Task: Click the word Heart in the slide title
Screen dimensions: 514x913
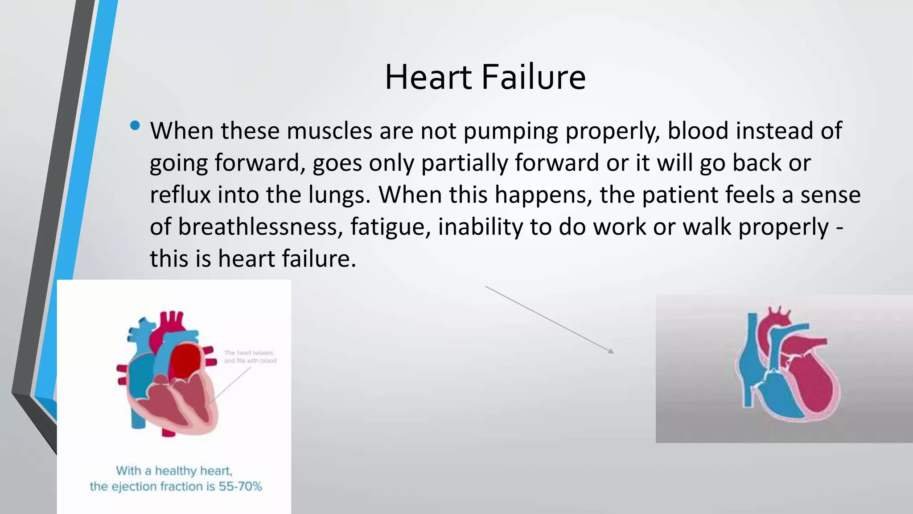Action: click(x=428, y=77)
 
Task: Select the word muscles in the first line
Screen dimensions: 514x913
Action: click(x=329, y=131)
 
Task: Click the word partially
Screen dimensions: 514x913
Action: click(x=464, y=163)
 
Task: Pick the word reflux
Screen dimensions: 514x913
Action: click(x=180, y=195)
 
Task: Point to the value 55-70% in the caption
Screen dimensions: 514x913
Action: click(x=240, y=486)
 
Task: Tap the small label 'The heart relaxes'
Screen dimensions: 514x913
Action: click(x=249, y=352)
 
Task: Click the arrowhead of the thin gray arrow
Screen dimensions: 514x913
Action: click(x=611, y=351)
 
